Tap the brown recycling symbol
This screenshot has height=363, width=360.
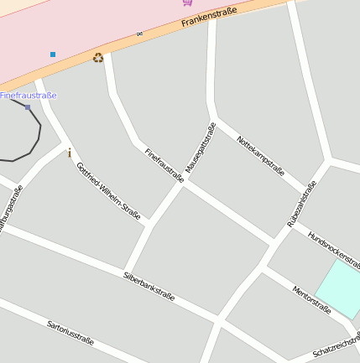click(x=98, y=58)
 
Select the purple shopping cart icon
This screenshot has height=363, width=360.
click(x=186, y=3)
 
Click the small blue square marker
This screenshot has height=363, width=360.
click(x=53, y=54)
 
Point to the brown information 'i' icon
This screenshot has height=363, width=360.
click(x=69, y=153)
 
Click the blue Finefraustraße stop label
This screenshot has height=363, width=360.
click(x=29, y=96)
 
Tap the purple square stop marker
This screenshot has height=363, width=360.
click(x=28, y=107)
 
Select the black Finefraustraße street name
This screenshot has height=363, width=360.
click(x=164, y=164)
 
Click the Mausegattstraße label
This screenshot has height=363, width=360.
click(x=200, y=149)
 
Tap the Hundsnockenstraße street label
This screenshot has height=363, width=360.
click(x=333, y=246)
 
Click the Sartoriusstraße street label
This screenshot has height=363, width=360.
click(x=70, y=334)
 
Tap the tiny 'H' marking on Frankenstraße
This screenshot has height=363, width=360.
click(x=139, y=34)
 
